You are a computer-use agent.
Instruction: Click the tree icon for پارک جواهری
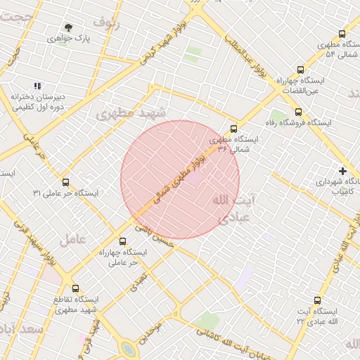[68, 28]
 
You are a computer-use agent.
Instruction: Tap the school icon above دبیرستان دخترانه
[37, 86]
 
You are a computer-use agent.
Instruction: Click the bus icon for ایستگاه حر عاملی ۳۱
[65, 182]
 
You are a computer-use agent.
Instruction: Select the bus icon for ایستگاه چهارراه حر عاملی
[123, 241]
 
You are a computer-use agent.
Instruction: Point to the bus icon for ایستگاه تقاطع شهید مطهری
[76, 288]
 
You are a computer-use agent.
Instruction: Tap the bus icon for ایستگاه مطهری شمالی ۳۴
[233, 129]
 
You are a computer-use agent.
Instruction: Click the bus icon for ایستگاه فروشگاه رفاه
[298, 112]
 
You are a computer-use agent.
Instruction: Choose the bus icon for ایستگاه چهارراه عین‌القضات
[301, 70]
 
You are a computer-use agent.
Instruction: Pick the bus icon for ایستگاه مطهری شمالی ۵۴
[342, 34]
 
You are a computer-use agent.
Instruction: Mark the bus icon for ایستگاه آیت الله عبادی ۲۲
[318, 300]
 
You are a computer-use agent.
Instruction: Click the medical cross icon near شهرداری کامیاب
[342, 170]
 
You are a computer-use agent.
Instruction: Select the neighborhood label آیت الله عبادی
[231, 209]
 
